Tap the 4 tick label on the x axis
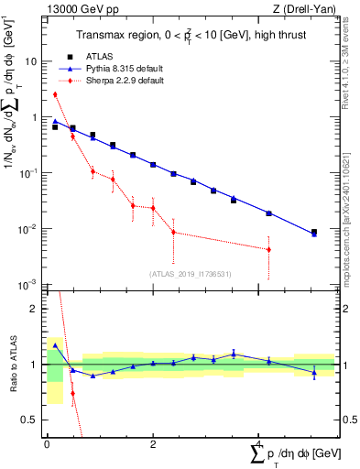(259, 445)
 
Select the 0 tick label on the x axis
(47, 445)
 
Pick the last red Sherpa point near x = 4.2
(268, 249)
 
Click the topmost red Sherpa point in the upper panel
(55, 94)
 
